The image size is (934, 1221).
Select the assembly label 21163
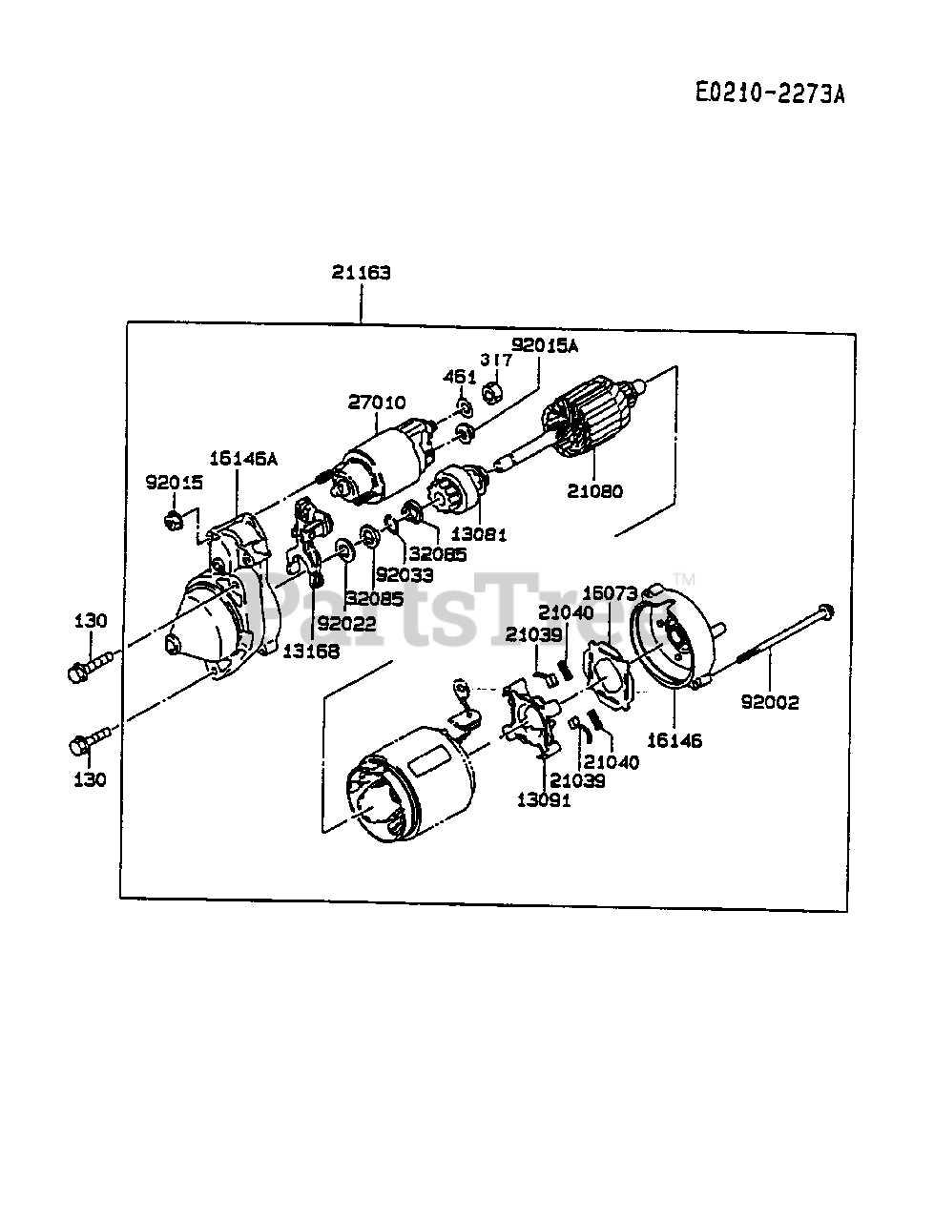[x=362, y=272]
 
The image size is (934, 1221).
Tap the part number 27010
[x=376, y=403]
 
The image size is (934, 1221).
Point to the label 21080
[x=594, y=491]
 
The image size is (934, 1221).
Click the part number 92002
[x=770, y=702]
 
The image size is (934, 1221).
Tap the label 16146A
[x=242, y=458]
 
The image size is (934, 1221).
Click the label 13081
[x=478, y=535]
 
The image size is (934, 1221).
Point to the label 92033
[x=404, y=575]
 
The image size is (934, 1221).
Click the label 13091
[x=544, y=799]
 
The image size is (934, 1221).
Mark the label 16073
[x=610, y=593]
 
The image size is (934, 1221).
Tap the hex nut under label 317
[x=492, y=391]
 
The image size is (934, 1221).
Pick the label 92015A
[x=544, y=344]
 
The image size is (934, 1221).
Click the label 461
[x=460, y=377]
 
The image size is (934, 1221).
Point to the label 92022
[x=346, y=625]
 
